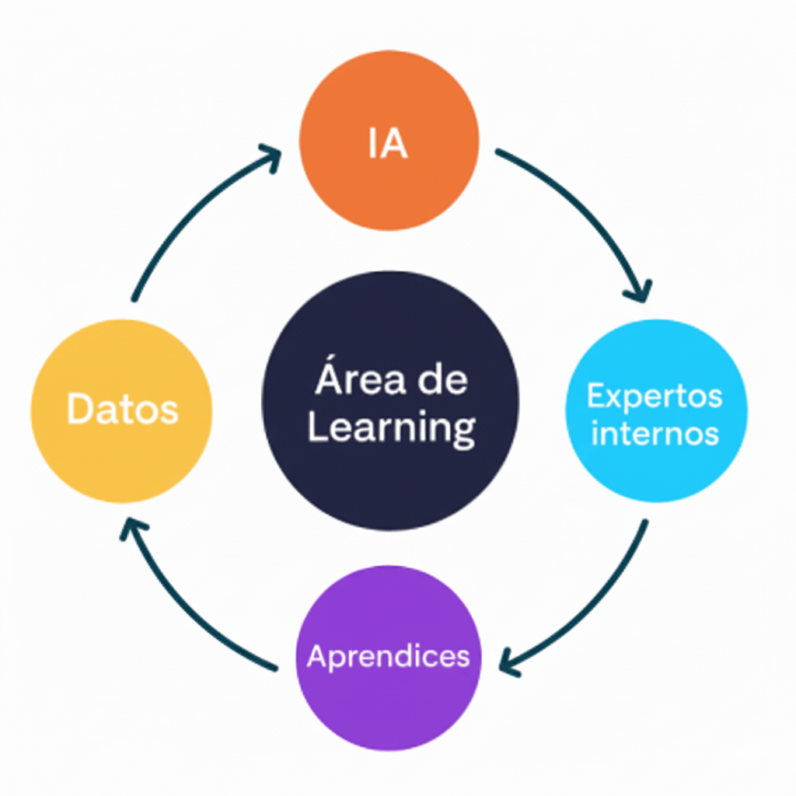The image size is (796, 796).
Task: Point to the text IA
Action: [388, 145]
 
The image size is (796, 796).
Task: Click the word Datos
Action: [122, 410]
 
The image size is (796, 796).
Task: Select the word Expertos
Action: [655, 396]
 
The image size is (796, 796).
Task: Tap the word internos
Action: [655, 433]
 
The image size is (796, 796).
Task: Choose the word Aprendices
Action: [389, 657]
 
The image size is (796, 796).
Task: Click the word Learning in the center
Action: [391, 428]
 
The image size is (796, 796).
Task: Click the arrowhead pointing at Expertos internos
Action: [639, 292]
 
